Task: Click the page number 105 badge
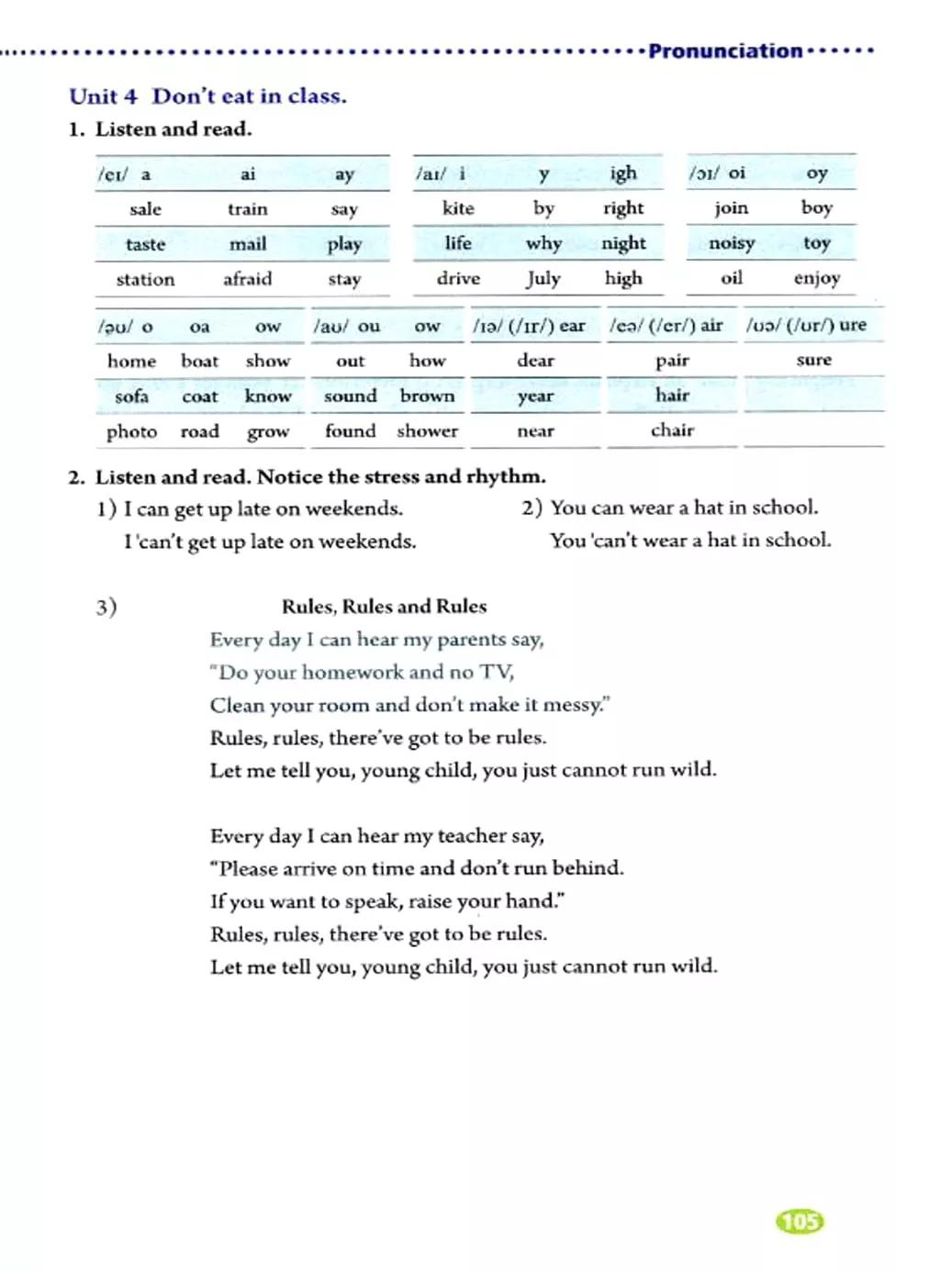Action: click(x=800, y=1221)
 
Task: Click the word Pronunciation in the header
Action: click(x=725, y=51)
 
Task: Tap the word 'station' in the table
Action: click(x=145, y=280)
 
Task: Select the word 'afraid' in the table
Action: click(x=248, y=279)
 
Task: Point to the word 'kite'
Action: click(x=458, y=208)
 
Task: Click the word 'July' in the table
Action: click(x=543, y=278)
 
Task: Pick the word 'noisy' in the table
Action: click(x=732, y=243)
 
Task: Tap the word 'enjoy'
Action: click(x=817, y=278)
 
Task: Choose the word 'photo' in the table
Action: click(x=131, y=431)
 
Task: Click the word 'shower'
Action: click(x=428, y=430)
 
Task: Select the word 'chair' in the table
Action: click(x=673, y=430)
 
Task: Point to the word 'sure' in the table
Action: click(x=814, y=360)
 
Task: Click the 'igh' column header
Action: click(x=623, y=173)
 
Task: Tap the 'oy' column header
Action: click(x=817, y=173)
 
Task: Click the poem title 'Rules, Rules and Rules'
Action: click(x=384, y=607)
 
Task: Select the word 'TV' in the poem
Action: click(x=496, y=673)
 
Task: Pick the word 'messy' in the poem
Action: click(x=573, y=706)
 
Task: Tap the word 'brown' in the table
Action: click(x=428, y=396)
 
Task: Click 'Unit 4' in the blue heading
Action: click(x=103, y=96)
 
